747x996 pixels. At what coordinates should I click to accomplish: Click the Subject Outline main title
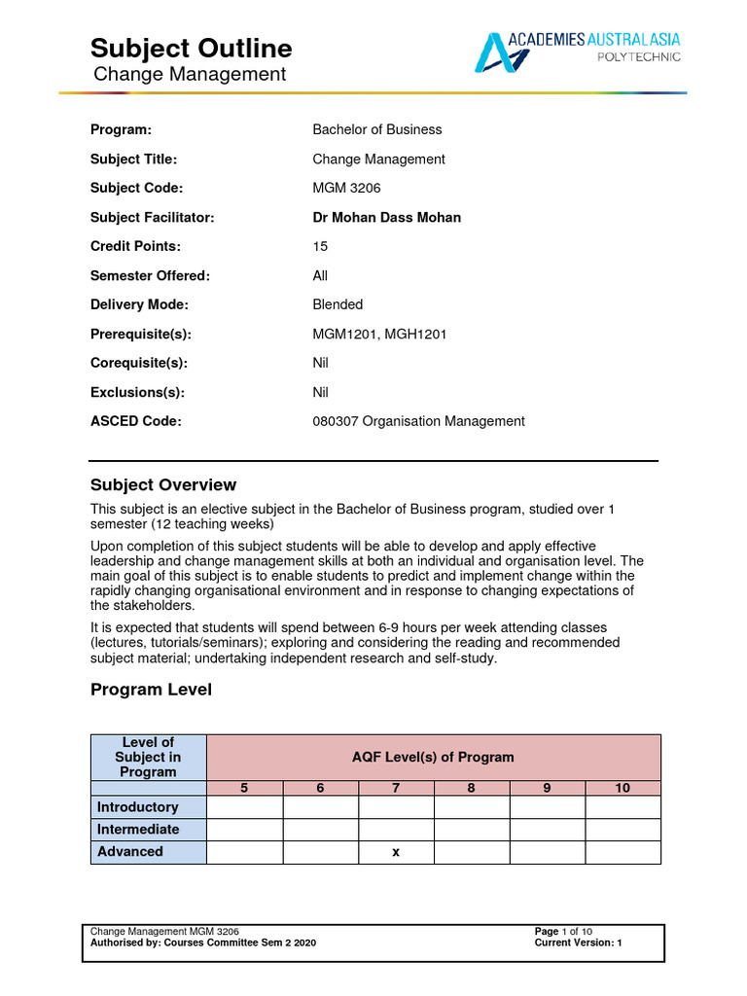click(191, 48)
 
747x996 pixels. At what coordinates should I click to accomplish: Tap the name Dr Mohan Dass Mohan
click(386, 217)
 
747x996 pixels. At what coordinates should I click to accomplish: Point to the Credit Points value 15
click(320, 246)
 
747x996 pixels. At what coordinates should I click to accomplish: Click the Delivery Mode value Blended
click(338, 304)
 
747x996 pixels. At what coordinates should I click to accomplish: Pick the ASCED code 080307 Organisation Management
click(418, 421)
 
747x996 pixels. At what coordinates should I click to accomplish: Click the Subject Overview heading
click(163, 484)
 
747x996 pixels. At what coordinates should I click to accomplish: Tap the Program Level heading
click(151, 690)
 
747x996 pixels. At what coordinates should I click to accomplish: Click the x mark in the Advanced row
click(396, 852)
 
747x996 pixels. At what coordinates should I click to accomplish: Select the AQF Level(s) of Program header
click(433, 757)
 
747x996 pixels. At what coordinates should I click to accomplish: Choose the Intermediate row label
click(137, 829)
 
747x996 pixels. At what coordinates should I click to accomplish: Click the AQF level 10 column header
click(622, 788)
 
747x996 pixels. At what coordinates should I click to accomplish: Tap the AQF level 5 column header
click(244, 788)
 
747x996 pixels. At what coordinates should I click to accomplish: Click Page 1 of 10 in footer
click(563, 932)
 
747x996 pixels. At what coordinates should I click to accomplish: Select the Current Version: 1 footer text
click(578, 943)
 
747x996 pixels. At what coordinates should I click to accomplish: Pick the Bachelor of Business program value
click(376, 129)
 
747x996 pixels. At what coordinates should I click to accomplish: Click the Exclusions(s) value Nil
click(320, 392)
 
